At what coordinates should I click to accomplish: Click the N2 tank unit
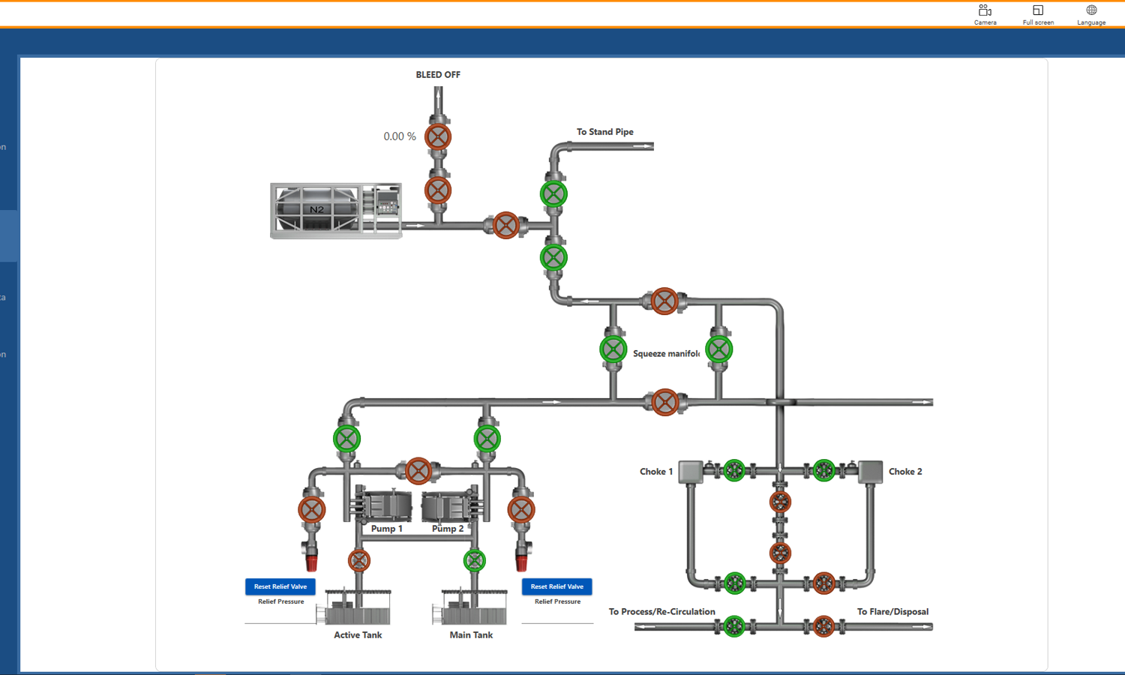coord(335,210)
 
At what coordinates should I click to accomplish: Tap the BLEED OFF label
coord(438,75)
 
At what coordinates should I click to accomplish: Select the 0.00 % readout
coord(399,136)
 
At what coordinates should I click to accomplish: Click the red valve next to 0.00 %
coord(438,136)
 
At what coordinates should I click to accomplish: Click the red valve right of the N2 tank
coord(506,225)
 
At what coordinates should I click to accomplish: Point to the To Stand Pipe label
coord(604,132)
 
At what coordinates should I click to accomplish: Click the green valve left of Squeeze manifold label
coord(613,349)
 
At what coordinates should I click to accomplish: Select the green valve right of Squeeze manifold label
coord(718,349)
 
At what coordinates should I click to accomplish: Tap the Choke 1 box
coord(690,472)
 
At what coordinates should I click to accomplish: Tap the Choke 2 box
coord(870,472)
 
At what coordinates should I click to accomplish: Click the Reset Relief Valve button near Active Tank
coord(280,586)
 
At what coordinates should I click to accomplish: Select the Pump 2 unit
coord(447,506)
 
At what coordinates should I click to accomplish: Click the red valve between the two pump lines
coord(418,471)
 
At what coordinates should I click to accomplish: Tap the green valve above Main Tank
coord(474,560)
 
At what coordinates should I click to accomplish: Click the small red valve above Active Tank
coord(359,560)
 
